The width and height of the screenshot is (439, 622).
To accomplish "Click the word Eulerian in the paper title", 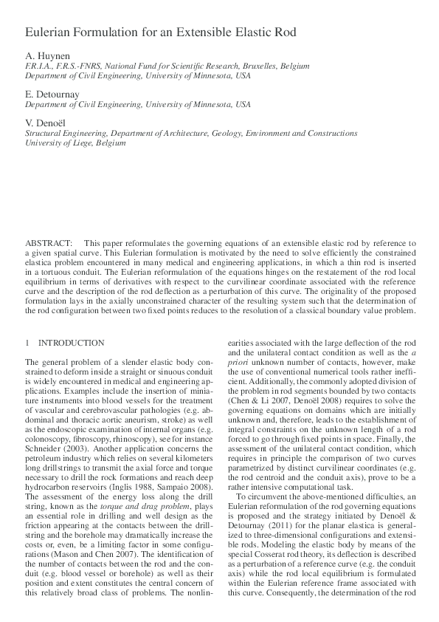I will [48, 33].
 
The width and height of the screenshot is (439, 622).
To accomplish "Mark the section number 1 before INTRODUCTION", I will [27, 343].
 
